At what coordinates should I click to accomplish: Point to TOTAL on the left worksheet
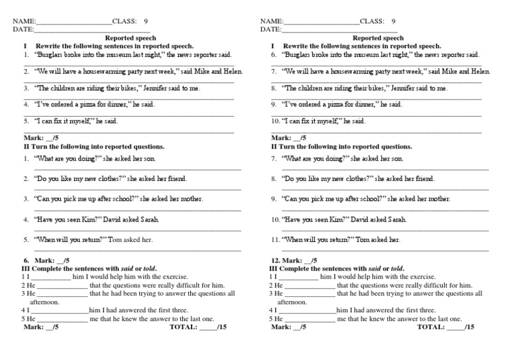click(184, 327)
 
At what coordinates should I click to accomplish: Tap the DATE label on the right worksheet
click(270, 29)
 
